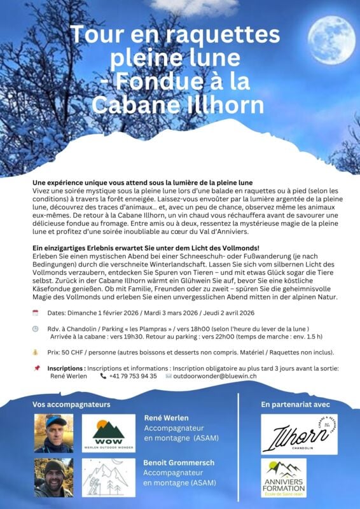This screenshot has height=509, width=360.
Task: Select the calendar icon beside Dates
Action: (x=36, y=312)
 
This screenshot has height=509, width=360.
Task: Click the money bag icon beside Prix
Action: (x=36, y=352)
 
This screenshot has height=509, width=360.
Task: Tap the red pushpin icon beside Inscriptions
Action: (x=36, y=368)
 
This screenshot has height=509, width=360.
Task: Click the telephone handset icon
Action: (x=103, y=376)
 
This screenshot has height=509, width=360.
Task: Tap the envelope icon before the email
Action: (x=169, y=376)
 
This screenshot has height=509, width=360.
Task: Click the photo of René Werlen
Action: (x=53, y=433)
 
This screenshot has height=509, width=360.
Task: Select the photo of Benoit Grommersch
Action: (x=53, y=478)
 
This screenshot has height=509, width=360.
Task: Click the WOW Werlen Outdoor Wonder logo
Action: (x=108, y=433)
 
